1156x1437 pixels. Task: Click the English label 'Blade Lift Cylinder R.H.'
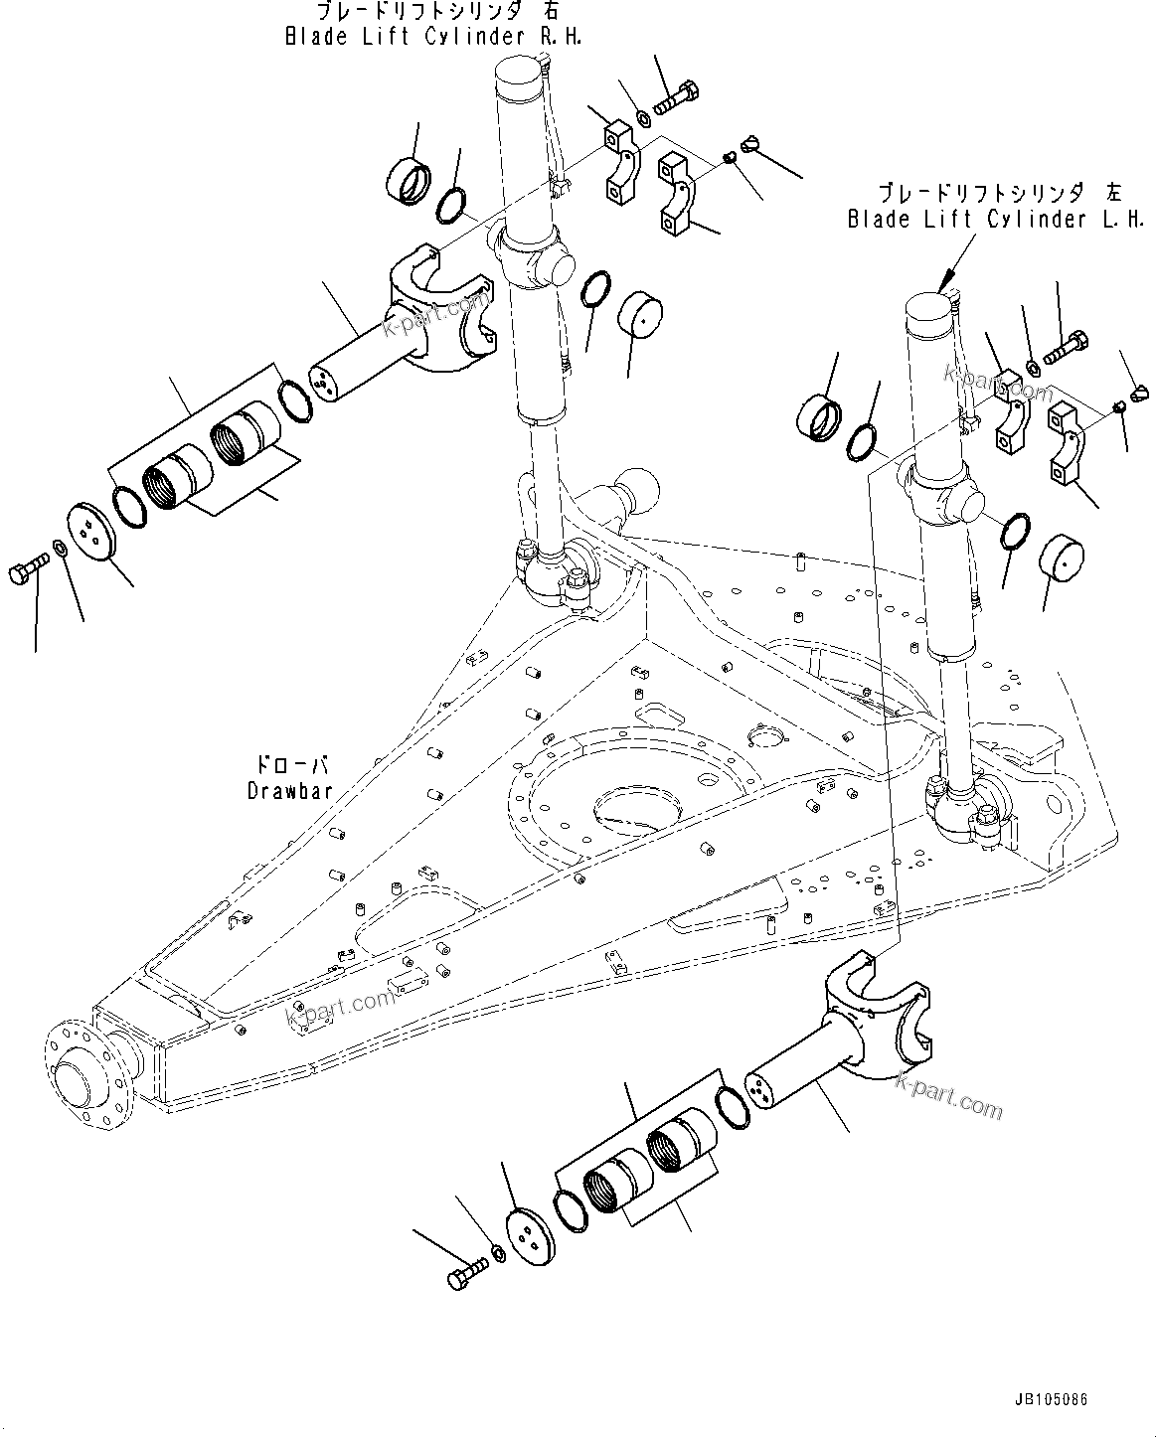[x=432, y=37]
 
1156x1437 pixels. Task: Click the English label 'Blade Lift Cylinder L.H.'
[x=995, y=220]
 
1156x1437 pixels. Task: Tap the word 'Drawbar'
[x=290, y=790]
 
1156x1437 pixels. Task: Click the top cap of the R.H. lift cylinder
[x=520, y=76]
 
